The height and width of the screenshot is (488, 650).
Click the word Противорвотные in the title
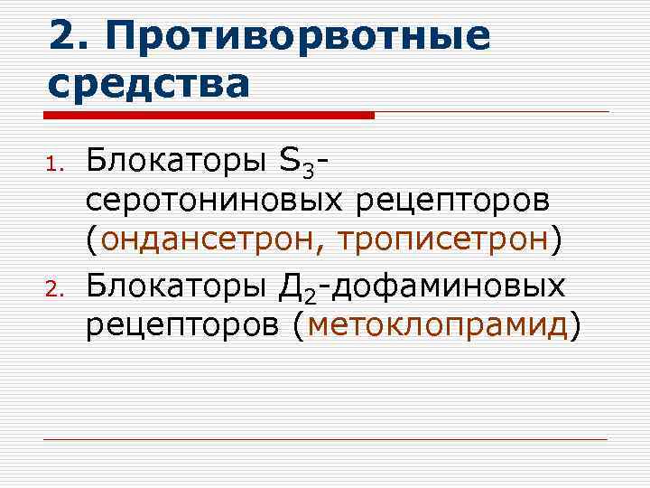pyautogui.click(x=299, y=37)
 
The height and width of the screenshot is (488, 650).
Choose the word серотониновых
pyautogui.click(x=212, y=202)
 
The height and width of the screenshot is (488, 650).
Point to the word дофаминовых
pyautogui.click(x=458, y=287)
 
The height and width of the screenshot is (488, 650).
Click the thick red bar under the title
pyautogui.click(x=209, y=116)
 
